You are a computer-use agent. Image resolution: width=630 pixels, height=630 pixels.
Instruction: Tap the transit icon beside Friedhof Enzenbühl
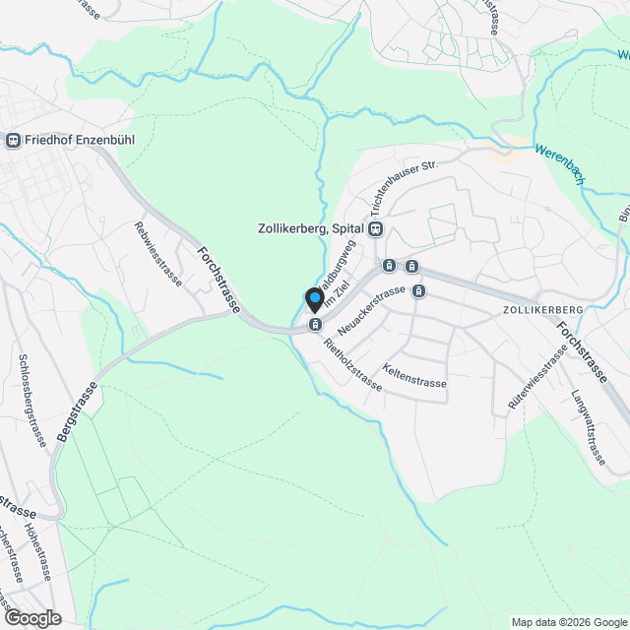pyautogui.click(x=13, y=140)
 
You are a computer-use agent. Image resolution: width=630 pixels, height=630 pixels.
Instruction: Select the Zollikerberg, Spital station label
pyautogui.click(x=310, y=228)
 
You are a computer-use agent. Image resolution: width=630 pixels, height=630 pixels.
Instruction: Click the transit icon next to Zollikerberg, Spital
pyautogui.click(x=376, y=228)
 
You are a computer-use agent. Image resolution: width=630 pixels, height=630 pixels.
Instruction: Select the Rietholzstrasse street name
pyautogui.click(x=351, y=365)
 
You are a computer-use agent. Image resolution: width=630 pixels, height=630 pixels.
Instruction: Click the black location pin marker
pyautogui.click(x=315, y=299)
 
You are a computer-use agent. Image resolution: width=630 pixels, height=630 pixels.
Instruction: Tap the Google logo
pyautogui.click(x=32, y=617)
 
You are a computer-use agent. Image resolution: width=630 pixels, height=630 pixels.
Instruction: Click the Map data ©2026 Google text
pyautogui.click(x=569, y=622)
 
